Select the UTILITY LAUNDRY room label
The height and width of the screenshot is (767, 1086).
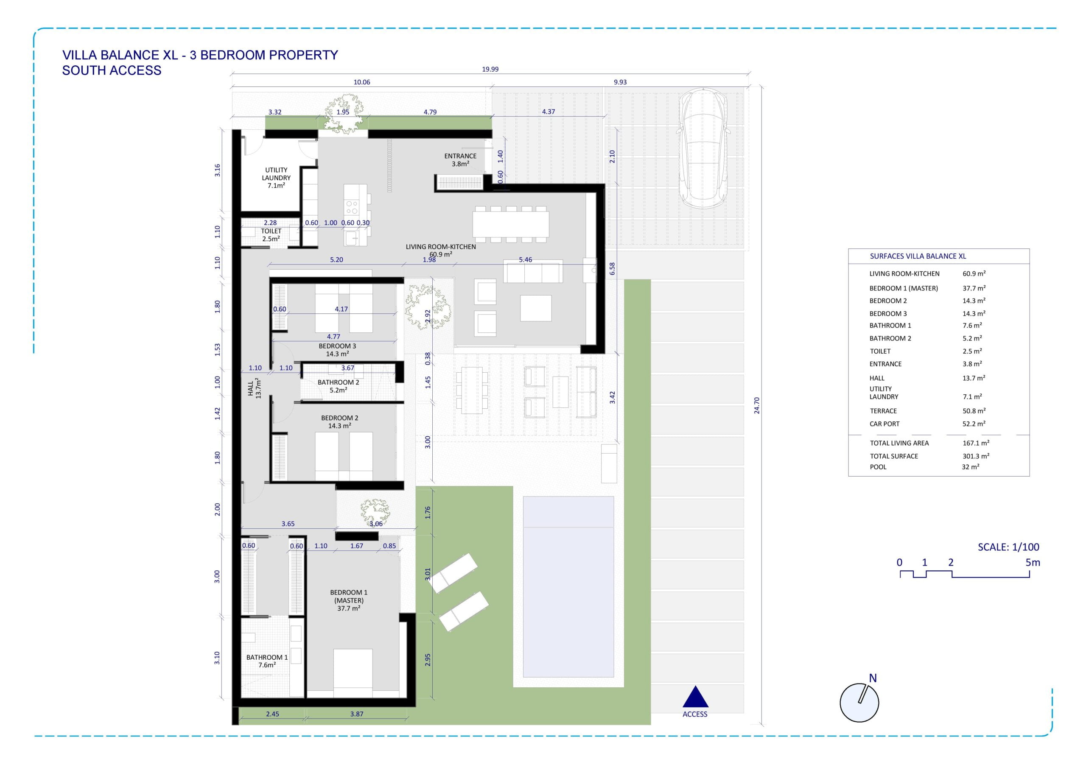coord(276,177)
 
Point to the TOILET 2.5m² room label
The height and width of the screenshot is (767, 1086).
coord(271,235)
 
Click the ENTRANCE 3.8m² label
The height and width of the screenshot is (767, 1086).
coord(460,160)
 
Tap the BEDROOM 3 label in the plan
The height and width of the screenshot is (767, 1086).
coord(337,350)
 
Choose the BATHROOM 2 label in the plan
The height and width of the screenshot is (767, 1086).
coord(338,386)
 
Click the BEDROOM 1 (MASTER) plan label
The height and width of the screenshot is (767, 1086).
coord(349,600)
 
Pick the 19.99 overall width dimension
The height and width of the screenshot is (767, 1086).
coord(490,69)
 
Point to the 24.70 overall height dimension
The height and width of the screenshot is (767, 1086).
coord(757,405)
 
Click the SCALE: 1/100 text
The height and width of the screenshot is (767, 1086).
coord(1008,547)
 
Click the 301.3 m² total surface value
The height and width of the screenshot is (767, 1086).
coord(976,456)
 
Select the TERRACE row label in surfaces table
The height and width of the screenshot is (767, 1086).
coord(883,411)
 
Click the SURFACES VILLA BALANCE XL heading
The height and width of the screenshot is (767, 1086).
coord(918,256)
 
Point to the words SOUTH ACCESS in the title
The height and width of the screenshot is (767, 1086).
coord(112,70)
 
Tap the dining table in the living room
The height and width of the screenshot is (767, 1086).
coord(511,224)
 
